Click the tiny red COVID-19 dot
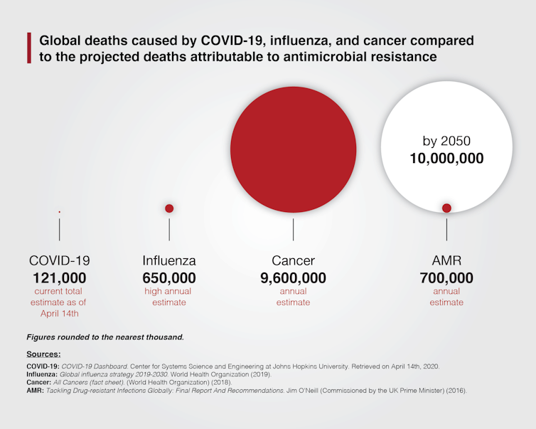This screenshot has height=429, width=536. (x=59, y=211)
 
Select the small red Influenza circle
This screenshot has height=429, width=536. (x=169, y=208)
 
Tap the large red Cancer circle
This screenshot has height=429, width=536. (x=293, y=149)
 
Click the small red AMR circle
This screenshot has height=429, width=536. (x=446, y=208)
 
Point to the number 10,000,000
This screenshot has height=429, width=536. (x=446, y=157)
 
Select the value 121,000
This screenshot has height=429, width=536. (x=59, y=277)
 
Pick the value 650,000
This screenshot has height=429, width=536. (x=169, y=277)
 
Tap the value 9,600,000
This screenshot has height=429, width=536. (x=293, y=277)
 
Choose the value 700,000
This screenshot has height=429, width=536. (x=446, y=277)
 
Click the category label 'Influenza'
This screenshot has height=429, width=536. (x=169, y=260)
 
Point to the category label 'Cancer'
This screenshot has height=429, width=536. (x=293, y=260)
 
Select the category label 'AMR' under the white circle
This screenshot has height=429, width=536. (x=446, y=260)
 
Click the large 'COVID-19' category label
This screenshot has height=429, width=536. (x=59, y=260)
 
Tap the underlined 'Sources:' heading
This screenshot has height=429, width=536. (x=43, y=354)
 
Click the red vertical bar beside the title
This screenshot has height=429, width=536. (x=29, y=48)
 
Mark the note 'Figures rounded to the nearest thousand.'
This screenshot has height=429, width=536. (x=105, y=337)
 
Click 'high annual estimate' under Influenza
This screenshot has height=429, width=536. (x=169, y=297)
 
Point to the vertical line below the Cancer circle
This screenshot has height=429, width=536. (x=293, y=229)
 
